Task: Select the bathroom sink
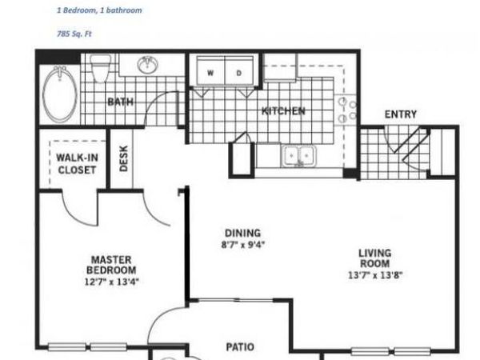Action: (147, 65)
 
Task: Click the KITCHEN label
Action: (283, 111)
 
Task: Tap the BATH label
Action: (120, 102)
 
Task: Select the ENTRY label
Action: (400, 114)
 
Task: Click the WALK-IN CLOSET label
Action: (76, 163)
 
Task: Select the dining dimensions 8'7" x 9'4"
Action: (243, 245)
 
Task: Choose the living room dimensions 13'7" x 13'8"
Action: (374, 275)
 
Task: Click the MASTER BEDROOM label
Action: (111, 265)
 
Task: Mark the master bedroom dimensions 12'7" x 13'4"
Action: (111, 281)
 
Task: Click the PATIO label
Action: (239, 346)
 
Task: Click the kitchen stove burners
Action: (345, 111)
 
